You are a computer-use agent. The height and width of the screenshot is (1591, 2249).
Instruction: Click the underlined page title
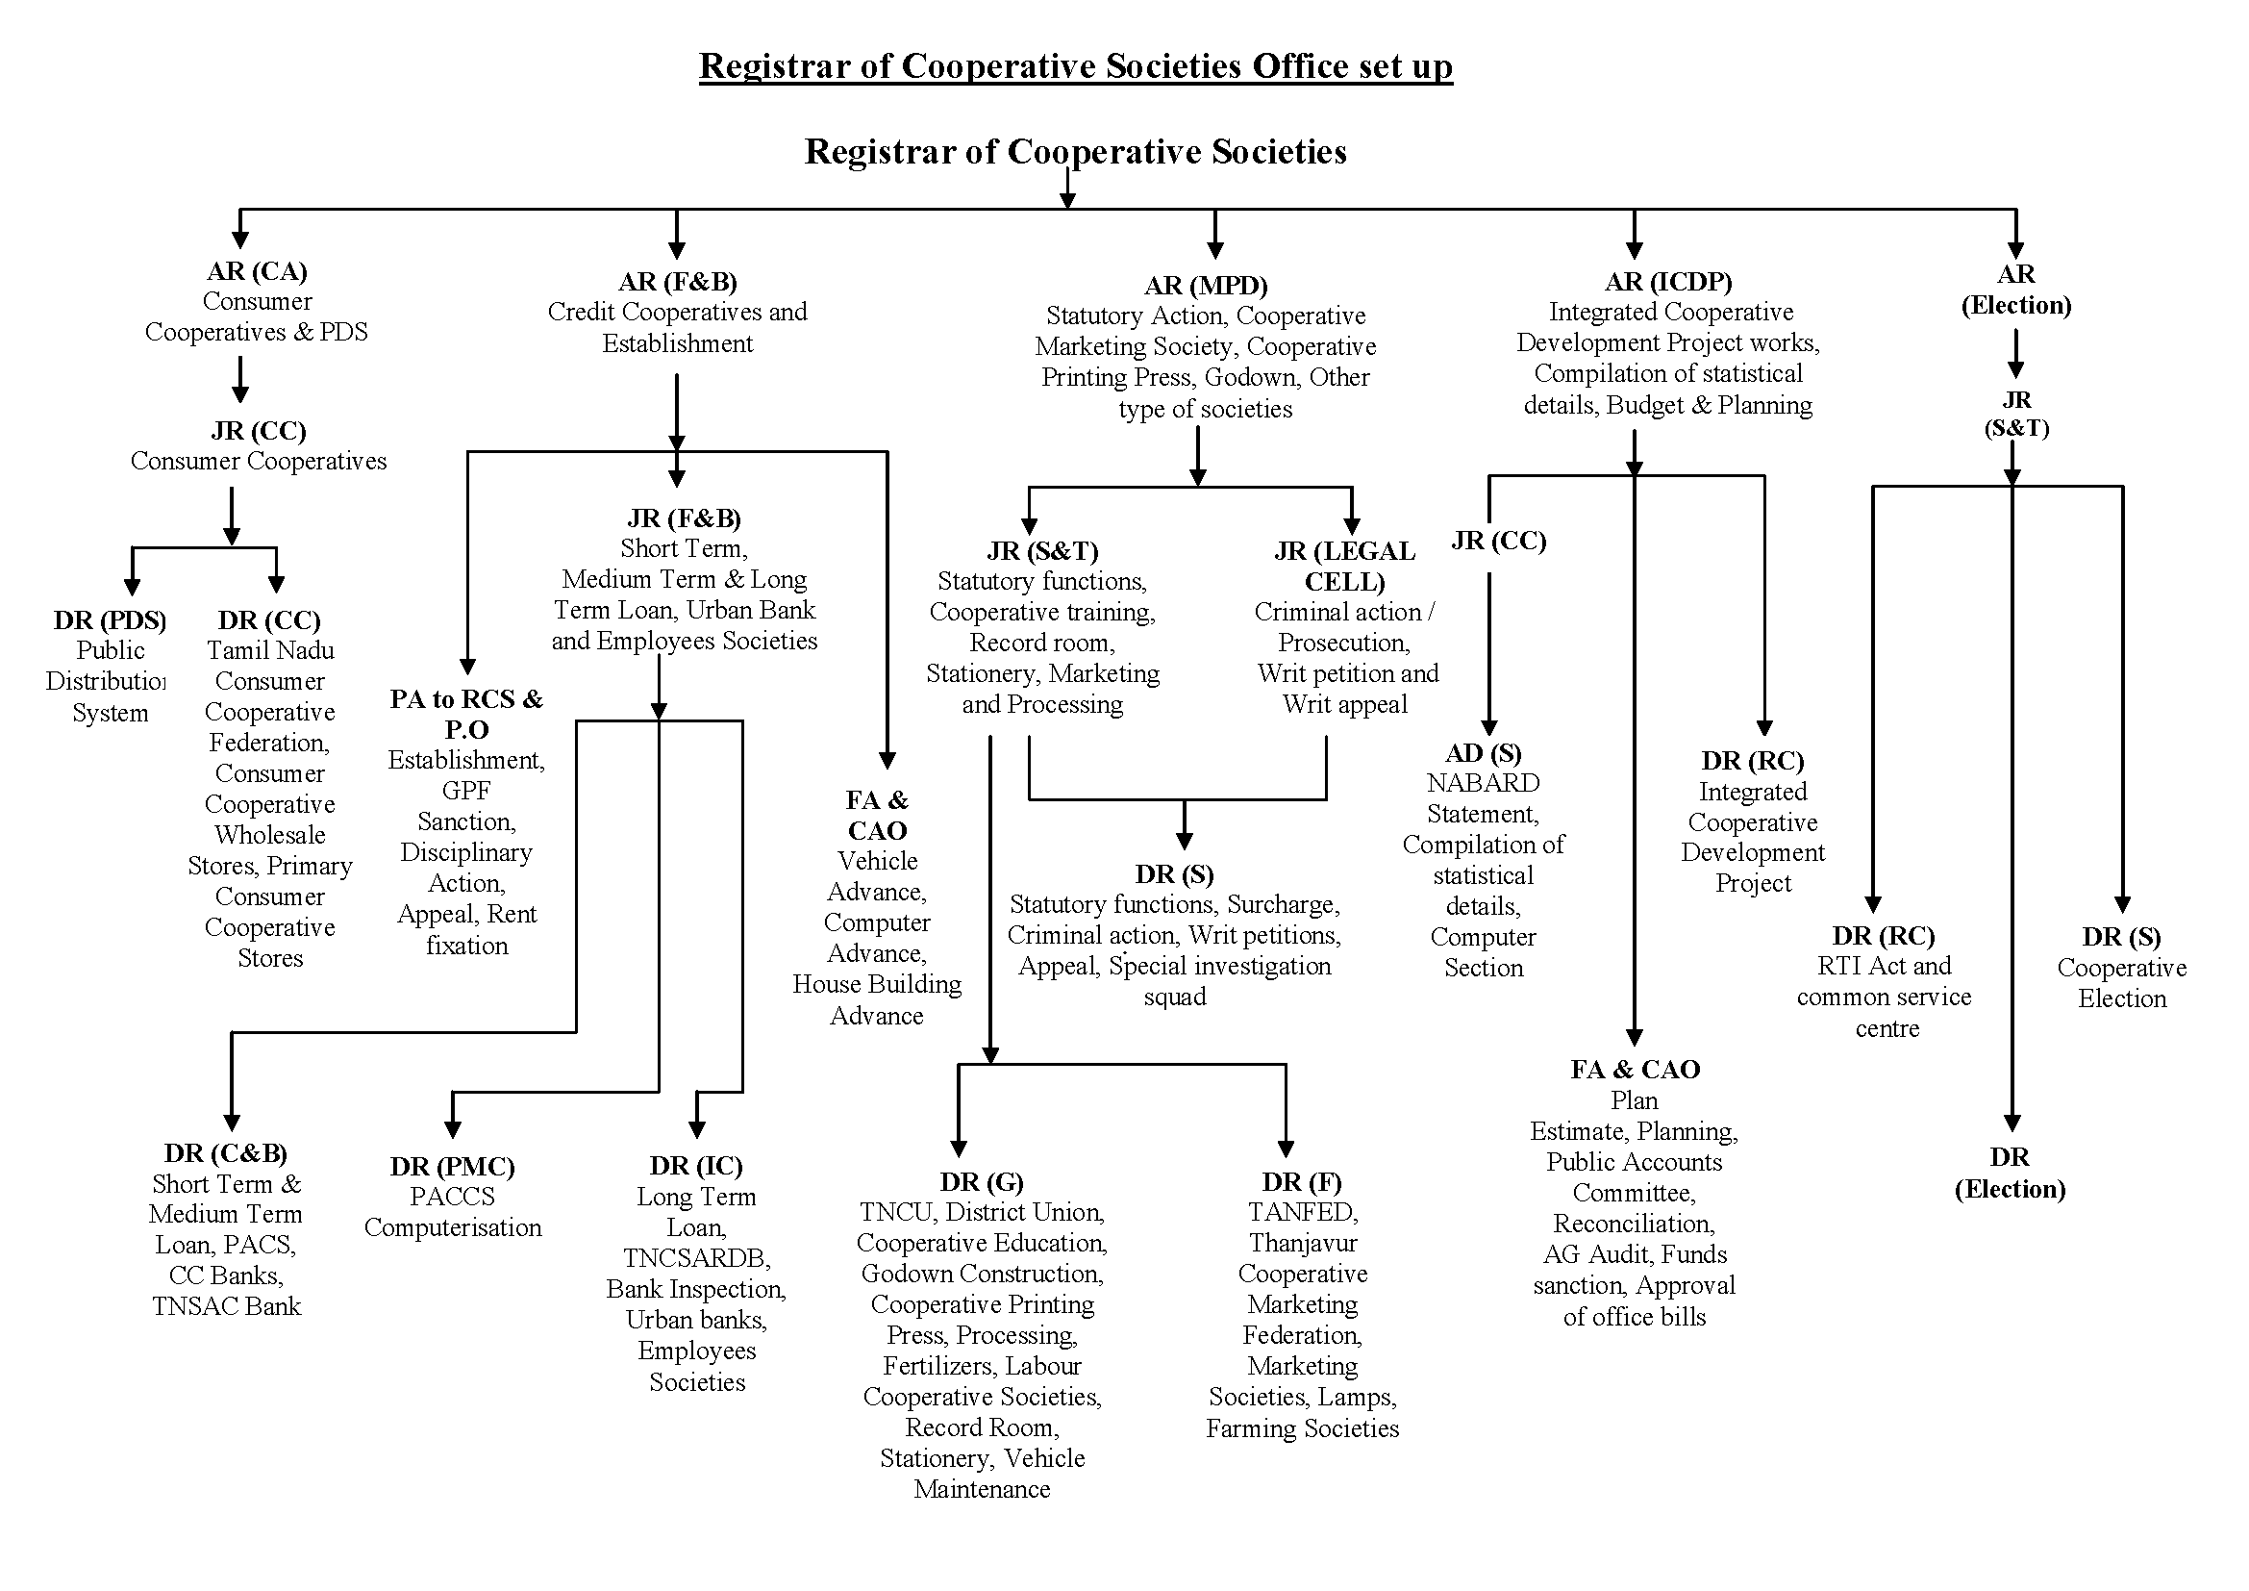[1075, 65]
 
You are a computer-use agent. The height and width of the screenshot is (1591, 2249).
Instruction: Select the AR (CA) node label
[257, 270]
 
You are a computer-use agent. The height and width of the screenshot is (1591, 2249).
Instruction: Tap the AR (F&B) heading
[677, 282]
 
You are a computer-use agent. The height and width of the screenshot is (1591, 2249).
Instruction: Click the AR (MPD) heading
[1206, 285]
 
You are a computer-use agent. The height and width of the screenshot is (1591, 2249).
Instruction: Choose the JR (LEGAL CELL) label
[1345, 567]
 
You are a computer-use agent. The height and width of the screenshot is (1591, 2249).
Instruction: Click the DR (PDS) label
[110, 620]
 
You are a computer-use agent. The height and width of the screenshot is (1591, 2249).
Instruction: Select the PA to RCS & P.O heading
[466, 713]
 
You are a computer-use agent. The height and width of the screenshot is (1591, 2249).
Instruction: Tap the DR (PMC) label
[452, 1166]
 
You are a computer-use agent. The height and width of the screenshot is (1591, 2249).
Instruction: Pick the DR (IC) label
[695, 1165]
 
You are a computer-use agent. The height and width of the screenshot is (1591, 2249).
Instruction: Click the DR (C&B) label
[225, 1153]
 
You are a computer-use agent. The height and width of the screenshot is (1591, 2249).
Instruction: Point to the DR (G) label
[982, 1181]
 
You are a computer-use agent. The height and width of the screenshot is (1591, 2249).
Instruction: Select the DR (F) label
[1302, 1181]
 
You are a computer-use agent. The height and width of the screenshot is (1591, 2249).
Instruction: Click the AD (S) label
[1483, 752]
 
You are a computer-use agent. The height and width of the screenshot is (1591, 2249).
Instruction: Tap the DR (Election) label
[2010, 1173]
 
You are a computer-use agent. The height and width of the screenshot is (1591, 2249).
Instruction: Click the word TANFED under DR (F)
[1302, 1212]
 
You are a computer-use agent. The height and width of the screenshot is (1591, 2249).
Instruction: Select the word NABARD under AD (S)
[1483, 783]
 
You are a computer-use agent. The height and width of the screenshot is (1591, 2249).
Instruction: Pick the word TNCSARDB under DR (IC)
[696, 1258]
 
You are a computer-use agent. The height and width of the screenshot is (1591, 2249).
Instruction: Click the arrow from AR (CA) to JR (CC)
[240, 379]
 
